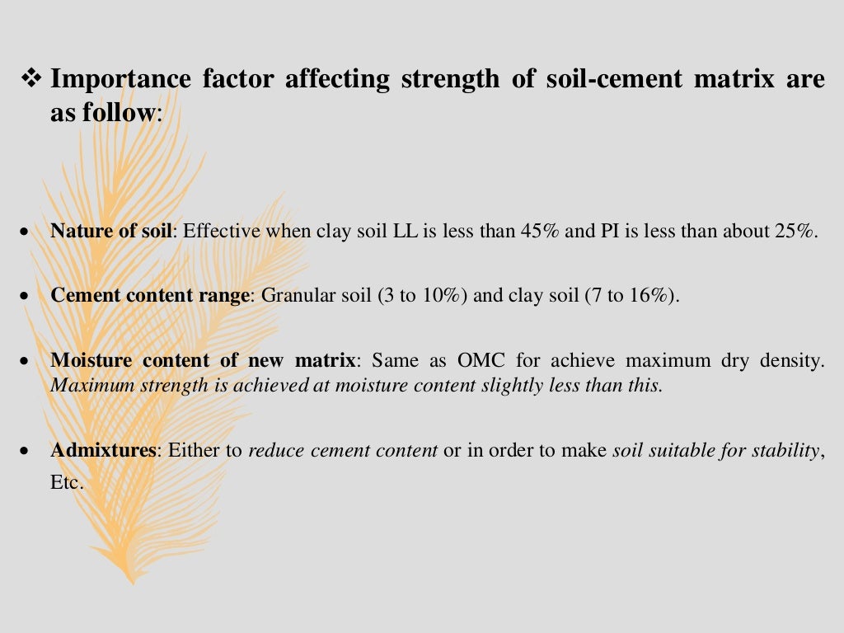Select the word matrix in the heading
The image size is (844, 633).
(729, 79)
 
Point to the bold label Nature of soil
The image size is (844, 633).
(111, 231)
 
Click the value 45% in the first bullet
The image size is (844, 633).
(541, 231)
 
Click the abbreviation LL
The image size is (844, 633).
(405, 231)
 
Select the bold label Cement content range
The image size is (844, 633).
(150, 295)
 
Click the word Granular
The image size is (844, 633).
(294, 295)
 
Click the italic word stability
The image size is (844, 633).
(788, 451)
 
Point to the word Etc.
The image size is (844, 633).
(66, 483)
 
